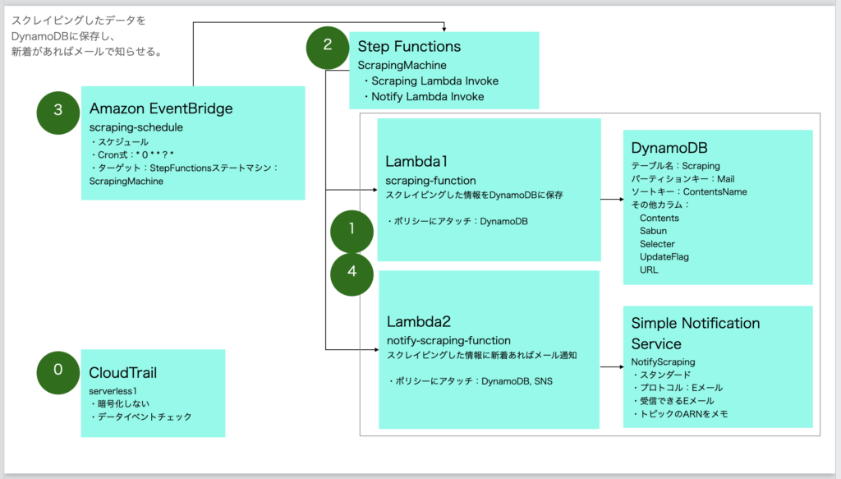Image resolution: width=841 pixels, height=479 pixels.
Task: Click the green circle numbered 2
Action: (x=328, y=46)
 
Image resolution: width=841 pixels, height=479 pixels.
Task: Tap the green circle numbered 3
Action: (x=58, y=111)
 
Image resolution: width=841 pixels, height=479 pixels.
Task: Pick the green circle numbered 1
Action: (x=352, y=230)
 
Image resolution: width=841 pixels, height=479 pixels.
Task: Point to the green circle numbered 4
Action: (x=352, y=273)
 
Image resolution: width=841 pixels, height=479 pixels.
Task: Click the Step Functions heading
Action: (x=409, y=47)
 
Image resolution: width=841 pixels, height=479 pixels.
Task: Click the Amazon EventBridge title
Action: (x=161, y=109)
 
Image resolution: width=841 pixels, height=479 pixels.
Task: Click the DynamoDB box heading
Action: (x=669, y=148)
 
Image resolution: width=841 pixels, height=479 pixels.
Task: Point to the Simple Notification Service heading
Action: (x=696, y=333)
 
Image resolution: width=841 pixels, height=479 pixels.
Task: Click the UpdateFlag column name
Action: (x=664, y=256)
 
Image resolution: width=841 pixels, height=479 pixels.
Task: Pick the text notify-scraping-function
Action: (x=448, y=340)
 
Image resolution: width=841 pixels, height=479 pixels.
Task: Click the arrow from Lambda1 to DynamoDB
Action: (x=612, y=199)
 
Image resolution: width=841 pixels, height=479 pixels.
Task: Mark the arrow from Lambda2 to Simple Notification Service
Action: (x=612, y=366)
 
